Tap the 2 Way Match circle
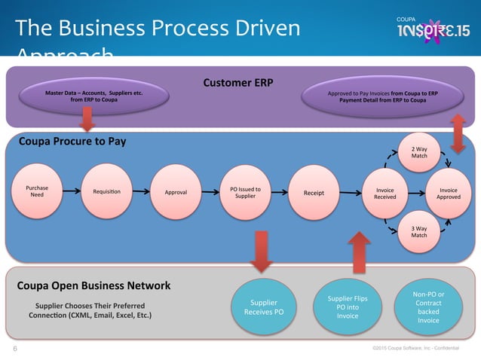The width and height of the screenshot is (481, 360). tap(419, 151)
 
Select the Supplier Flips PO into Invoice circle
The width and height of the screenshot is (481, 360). tap(348, 307)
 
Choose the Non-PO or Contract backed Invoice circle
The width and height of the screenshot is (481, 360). tap(430, 307)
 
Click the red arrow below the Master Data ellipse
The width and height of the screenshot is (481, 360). tap(87, 119)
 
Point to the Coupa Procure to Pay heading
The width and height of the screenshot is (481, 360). tap(72, 141)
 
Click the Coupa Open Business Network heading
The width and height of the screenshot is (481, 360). tap(93, 285)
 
